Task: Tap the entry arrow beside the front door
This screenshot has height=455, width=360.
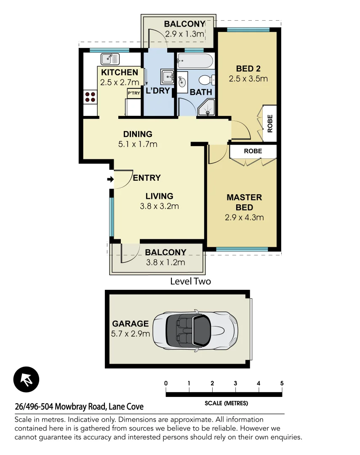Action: tap(110, 179)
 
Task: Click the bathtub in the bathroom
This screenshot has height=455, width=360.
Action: tap(195, 62)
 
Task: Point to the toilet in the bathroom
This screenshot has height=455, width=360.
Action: tap(208, 80)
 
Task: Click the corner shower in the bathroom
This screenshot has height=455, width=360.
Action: tap(207, 108)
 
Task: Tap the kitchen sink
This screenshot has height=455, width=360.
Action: tap(110, 58)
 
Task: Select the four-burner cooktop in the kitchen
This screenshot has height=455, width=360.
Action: tap(90, 97)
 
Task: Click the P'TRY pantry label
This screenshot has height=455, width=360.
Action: tap(133, 93)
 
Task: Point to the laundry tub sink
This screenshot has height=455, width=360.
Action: tap(168, 77)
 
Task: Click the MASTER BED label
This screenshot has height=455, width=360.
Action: tap(244, 202)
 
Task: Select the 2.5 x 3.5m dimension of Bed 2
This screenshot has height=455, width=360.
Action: tap(248, 78)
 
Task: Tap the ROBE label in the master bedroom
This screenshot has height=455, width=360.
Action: tap(253, 151)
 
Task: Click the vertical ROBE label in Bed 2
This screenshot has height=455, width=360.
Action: tap(270, 123)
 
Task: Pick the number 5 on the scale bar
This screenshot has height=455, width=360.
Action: tap(282, 383)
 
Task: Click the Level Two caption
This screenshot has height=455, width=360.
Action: tap(190, 281)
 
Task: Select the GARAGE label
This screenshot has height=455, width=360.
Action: tap(130, 324)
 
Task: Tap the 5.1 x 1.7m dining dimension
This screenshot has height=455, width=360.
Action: tap(138, 144)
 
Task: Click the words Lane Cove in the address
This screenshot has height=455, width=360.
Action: tap(126, 407)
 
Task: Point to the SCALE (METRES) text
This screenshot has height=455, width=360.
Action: tap(226, 403)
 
